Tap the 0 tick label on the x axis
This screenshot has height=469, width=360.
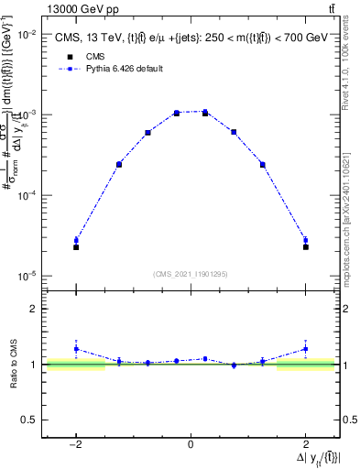(190, 444)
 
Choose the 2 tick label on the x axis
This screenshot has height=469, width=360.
(305, 444)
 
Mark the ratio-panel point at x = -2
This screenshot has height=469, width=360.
(76, 349)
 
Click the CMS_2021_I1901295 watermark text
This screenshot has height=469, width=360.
(190, 273)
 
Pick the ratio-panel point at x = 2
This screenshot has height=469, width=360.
(305, 349)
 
